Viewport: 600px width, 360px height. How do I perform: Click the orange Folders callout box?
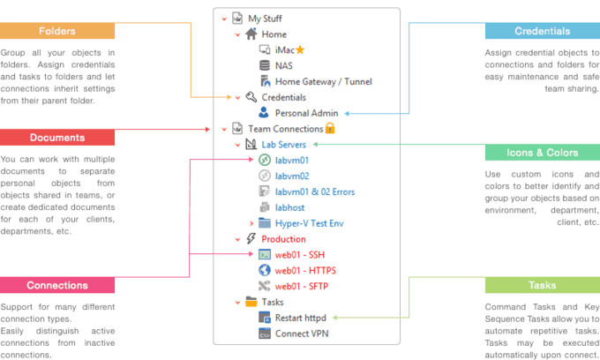coord(57,32)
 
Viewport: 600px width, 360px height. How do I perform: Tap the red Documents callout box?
coord(57,138)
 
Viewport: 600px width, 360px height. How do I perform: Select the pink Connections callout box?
coord(57,286)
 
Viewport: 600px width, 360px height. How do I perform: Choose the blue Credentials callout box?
coord(542,32)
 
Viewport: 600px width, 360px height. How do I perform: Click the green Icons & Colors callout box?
coord(542,153)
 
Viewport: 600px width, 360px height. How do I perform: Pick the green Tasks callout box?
coord(542,286)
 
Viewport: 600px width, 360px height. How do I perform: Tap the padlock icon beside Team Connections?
coord(330,128)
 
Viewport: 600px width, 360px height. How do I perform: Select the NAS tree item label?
coord(284,65)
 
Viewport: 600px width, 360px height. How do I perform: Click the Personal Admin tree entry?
coord(306,113)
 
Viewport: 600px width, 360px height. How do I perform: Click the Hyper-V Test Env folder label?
coord(311,223)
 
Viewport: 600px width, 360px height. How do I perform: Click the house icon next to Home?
coord(251,34)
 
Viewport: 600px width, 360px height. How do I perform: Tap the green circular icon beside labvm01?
coord(264,160)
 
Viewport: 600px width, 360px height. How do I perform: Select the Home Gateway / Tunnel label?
coord(324,81)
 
